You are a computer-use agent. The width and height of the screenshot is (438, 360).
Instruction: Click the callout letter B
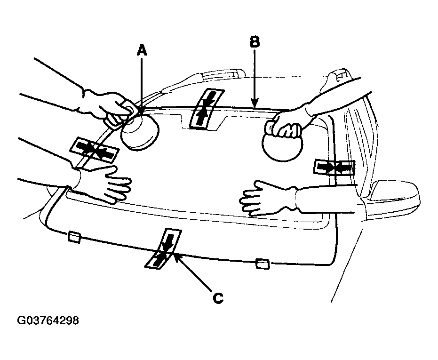[x=255, y=42]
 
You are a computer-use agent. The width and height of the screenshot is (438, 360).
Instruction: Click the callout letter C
[x=218, y=298]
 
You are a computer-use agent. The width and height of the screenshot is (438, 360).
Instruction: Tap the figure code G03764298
[x=48, y=320]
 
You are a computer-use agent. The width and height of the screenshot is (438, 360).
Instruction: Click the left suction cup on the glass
[x=140, y=131]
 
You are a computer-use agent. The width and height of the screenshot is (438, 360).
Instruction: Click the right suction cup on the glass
[x=282, y=146]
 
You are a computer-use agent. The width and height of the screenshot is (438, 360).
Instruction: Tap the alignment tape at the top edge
[x=207, y=109]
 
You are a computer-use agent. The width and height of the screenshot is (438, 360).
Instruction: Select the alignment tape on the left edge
[x=95, y=150]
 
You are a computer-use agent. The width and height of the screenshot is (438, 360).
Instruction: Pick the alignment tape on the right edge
[x=334, y=168]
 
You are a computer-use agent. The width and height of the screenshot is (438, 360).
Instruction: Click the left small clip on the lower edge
[x=74, y=237]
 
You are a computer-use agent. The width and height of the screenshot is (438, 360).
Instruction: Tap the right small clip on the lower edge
[x=263, y=264]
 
